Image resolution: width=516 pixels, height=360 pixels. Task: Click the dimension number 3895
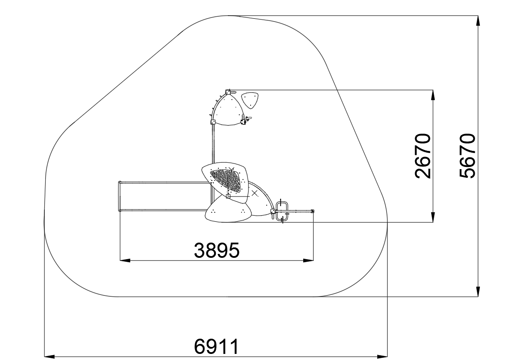tap(217, 250)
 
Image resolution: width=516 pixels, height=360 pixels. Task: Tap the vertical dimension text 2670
tap(422, 156)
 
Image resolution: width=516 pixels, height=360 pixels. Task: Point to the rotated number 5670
tap(467, 156)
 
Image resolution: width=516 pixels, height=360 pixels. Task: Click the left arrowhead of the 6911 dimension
tap(49, 356)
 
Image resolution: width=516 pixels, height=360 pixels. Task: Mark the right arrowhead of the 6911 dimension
tap(382, 356)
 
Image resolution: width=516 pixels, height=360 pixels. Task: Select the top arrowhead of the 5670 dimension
tap(478, 20)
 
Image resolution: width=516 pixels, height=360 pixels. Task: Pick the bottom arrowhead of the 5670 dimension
tap(478, 291)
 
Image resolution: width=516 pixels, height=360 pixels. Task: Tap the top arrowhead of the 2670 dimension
tap(433, 95)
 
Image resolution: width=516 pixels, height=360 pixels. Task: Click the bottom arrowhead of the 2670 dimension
tap(433, 217)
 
